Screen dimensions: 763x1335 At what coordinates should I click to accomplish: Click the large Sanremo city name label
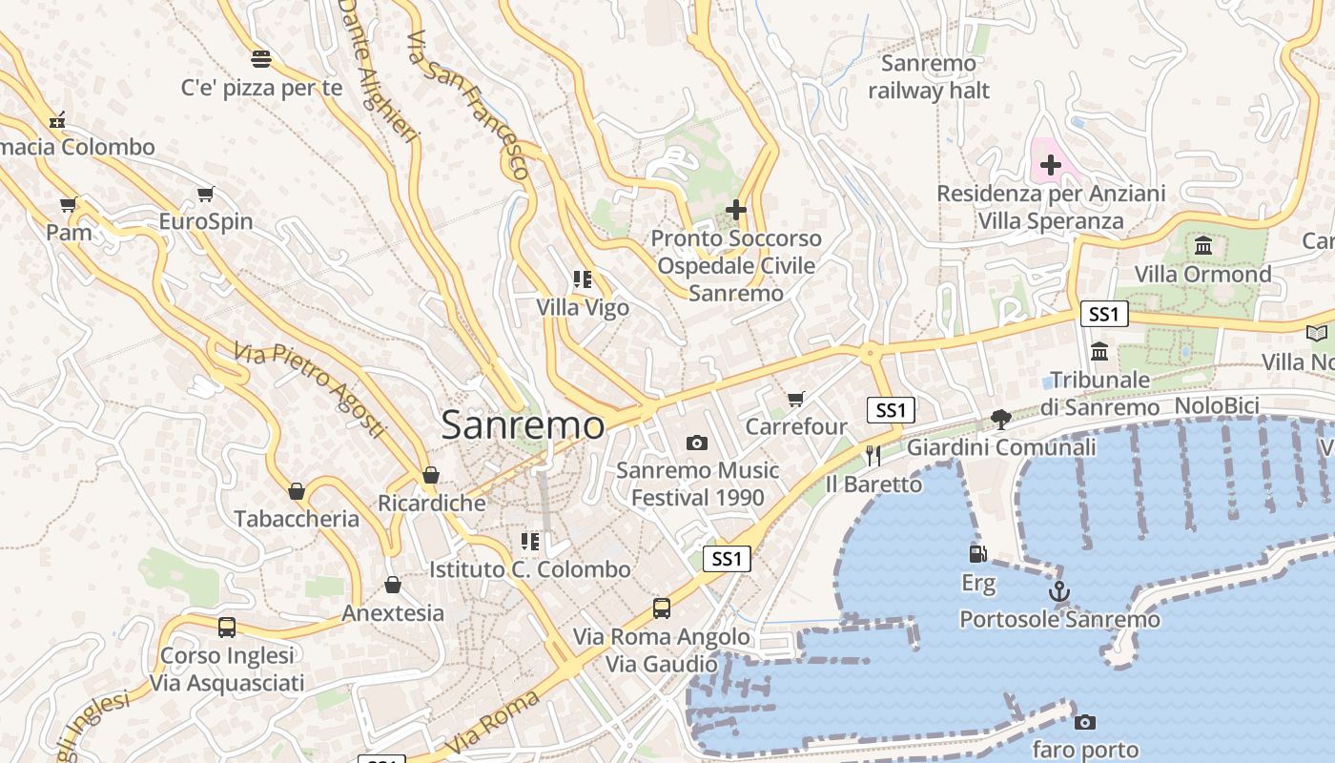click(x=523, y=425)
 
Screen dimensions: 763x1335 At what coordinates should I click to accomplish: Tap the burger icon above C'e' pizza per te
click(x=261, y=59)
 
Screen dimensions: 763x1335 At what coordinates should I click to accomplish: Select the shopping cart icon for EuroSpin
click(x=205, y=195)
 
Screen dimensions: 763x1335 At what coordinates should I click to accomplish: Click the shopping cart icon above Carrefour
click(x=796, y=399)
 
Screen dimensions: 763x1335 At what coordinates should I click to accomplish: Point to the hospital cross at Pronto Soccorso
click(x=735, y=209)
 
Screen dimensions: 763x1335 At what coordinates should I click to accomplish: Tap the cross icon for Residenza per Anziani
click(x=1050, y=165)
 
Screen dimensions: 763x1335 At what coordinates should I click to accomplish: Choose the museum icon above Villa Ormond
click(x=1202, y=246)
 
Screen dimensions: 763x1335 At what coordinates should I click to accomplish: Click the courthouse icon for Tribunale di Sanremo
click(x=1099, y=351)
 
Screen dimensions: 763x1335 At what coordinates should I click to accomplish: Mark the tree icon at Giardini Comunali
click(x=1000, y=419)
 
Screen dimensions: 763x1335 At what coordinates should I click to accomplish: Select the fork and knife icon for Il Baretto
click(x=873, y=456)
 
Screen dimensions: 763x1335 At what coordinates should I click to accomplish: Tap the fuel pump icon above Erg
click(x=977, y=553)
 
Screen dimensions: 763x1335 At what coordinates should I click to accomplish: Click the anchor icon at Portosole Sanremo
click(x=1058, y=591)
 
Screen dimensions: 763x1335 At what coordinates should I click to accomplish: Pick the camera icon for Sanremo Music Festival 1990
click(x=697, y=443)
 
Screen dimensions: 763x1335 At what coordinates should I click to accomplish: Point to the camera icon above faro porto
click(x=1084, y=722)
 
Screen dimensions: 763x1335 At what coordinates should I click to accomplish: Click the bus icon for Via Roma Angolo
click(x=661, y=608)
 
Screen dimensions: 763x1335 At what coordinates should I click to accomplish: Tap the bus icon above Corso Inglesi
click(x=227, y=628)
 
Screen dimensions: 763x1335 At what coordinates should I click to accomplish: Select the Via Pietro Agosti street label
click(x=310, y=388)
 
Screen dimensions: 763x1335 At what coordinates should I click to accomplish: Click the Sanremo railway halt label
click(x=929, y=77)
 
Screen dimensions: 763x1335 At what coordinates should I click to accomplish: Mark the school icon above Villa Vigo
click(x=583, y=279)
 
